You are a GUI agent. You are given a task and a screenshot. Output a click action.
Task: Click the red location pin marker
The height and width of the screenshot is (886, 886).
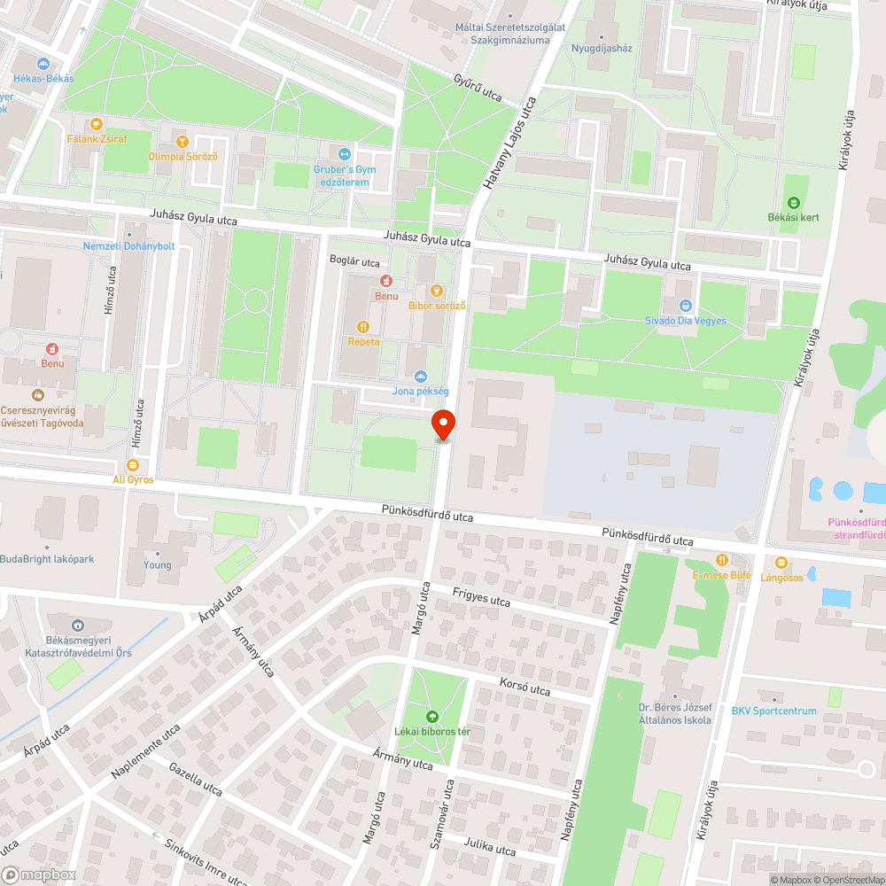pos(443,425)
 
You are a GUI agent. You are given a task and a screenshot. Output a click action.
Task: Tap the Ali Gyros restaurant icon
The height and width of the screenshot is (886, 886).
pos(133,464)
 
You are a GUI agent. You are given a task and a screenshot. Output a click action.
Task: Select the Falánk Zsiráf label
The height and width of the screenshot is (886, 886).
pos(97,140)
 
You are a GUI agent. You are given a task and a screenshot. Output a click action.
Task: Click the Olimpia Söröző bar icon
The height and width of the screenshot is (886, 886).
pos(183,141)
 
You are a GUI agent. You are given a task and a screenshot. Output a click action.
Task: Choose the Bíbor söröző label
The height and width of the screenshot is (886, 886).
pos(437,306)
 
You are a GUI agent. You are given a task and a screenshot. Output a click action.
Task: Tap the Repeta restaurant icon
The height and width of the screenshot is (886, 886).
pos(362,325)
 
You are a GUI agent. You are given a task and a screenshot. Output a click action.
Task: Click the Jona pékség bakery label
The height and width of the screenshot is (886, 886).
pos(421,391)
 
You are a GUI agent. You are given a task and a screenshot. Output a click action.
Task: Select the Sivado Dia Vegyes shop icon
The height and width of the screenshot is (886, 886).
pos(684,305)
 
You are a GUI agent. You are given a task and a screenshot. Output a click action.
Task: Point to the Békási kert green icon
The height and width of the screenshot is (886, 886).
pos(792,203)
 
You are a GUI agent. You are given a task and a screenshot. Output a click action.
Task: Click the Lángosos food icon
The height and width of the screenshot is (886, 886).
pos(781,562)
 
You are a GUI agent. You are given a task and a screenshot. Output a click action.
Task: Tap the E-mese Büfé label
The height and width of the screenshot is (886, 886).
pos(721,575)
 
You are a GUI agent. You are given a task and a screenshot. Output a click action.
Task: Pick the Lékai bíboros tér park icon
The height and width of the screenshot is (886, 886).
pos(432,716)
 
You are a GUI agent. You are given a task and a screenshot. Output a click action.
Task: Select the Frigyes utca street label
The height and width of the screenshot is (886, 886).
pos(481,598)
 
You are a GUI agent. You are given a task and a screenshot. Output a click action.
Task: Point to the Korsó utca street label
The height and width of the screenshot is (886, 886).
pos(525,688)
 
